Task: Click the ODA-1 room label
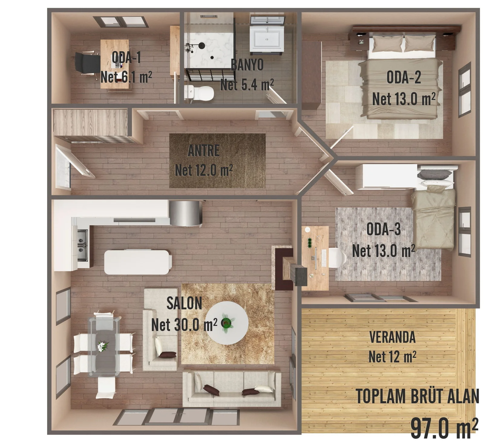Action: coord(126,57)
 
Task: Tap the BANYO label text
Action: coord(247,65)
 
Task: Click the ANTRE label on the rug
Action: coord(204,151)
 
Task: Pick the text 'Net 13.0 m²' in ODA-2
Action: coord(404,99)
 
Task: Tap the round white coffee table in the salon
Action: coord(229,323)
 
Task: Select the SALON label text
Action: coord(184,303)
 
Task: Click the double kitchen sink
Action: coord(82,245)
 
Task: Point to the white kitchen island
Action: coord(137,262)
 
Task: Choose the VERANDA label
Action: coord(392,337)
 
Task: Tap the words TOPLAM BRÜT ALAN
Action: coord(417,396)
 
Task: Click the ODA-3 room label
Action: coord(384,229)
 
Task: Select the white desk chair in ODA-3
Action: coord(337,258)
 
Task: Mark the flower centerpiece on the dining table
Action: coord(103,346)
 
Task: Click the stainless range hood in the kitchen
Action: coord(185,213)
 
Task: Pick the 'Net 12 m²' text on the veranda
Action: coord(392,357)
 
